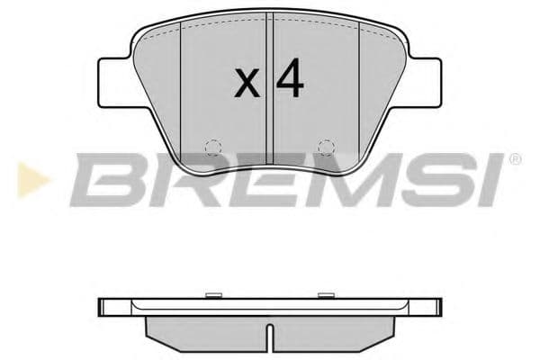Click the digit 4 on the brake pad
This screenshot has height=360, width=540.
(x=290, y=80)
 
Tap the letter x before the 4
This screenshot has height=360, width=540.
(x=247, y=85)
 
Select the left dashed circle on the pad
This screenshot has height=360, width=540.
(x=211, y=148)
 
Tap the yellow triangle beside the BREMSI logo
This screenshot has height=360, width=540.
(x=26, y=179)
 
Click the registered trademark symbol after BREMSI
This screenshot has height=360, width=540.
(x=515, y=159)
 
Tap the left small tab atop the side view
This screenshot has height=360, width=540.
(x=212, y=293)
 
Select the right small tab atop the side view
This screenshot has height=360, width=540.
(x=327, y=293)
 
